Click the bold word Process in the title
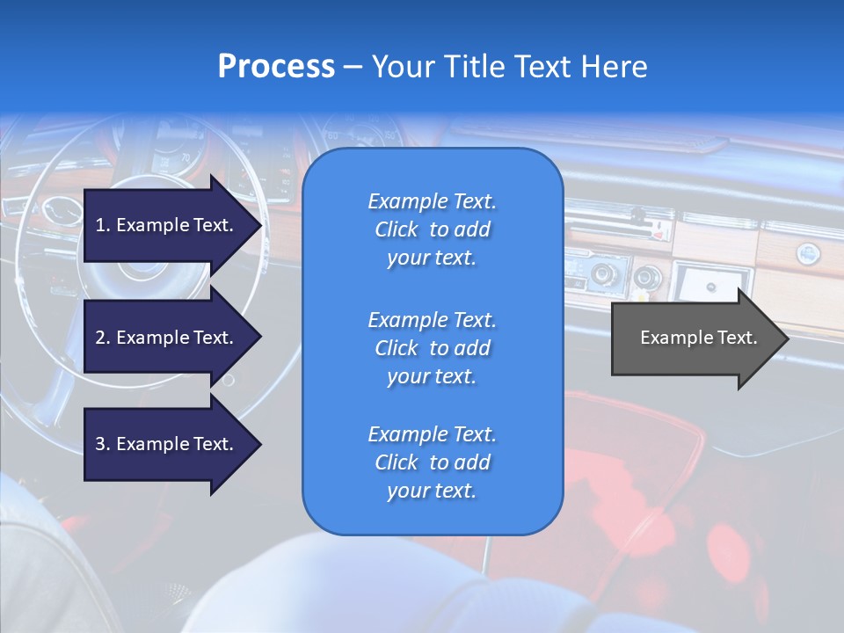coord(276,67)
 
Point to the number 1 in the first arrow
coord(100,225)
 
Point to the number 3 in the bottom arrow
coord(100,444)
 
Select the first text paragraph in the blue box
coord(432,229)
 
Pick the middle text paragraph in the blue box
coord(432,348)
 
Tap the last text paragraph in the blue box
coord(432,462)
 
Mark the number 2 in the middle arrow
coord(100,338)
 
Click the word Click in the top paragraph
coord(397,229)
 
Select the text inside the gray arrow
coord(698,338)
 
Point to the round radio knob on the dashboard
coord(603,275)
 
